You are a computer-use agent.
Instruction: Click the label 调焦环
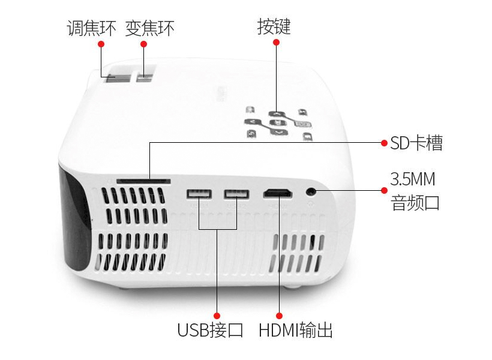91,28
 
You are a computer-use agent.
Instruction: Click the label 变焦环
149,28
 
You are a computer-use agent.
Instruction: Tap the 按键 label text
274,26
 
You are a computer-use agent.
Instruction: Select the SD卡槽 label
416,143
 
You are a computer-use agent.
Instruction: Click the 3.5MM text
413,179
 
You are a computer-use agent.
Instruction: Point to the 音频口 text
415,202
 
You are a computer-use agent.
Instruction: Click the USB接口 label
210,330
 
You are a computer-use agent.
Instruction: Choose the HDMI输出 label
296,330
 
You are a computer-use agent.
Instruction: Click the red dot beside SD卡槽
384,143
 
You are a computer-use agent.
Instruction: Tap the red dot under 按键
276,42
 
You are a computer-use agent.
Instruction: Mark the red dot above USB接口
217,316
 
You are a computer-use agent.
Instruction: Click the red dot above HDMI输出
279,316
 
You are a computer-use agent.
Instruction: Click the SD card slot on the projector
143,181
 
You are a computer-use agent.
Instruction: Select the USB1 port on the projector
199,194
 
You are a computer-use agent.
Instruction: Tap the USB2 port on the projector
236,194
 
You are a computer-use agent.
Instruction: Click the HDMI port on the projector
278,194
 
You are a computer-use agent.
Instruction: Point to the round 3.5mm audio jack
311,191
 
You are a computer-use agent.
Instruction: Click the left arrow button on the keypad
253,122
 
